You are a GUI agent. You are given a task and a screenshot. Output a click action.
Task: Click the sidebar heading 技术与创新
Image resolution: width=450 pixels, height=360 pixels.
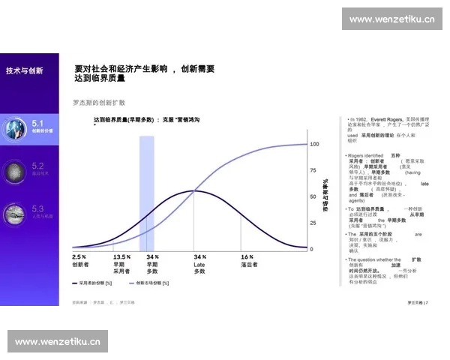(24, 70)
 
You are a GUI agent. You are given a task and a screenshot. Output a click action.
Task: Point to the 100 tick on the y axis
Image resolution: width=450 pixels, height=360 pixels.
(314, 143)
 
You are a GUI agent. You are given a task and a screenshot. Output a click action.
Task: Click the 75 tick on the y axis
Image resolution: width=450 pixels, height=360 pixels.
(313, 170)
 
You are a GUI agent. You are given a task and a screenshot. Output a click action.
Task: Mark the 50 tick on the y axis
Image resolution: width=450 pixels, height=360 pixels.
(313, 196)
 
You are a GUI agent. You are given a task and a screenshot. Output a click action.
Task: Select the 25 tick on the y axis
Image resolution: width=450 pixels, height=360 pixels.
(313, 223)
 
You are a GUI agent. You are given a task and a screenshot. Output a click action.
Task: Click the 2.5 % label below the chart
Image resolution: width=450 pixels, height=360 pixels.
(79, 256)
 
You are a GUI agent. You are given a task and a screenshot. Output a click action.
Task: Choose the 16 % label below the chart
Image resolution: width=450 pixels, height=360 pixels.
(247, 256)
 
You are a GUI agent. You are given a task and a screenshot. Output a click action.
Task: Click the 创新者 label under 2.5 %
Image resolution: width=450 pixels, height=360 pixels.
(80, 264)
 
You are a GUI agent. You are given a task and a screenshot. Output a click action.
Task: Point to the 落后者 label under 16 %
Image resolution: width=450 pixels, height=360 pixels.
(249, 264)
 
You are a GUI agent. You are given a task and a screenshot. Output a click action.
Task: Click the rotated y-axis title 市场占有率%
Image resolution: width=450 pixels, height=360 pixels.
(325, 196)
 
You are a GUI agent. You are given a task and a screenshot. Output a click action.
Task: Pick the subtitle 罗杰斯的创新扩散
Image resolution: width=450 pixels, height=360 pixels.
(98, 102)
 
